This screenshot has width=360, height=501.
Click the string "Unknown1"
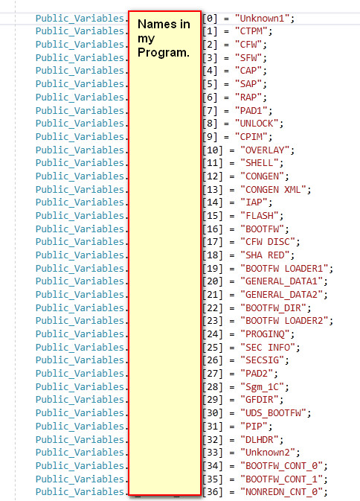(x=263, y=18)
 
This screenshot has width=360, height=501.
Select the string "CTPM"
(x=251, y=31)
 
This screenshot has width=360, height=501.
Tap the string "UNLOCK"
(x=257, y=124)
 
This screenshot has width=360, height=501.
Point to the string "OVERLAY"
(x=265, y=150)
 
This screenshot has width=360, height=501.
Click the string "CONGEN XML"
(x=273, y=190)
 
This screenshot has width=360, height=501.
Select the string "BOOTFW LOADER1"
(x=284, y=268)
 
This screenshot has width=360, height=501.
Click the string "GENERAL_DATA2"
(x=281, y=294)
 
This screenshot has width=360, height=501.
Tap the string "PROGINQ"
(x=265, y=334)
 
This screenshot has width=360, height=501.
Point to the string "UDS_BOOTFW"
(x=273, y=413)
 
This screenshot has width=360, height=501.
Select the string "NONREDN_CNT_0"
(x=281, y=491)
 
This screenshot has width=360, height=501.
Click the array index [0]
(x=210, y=18)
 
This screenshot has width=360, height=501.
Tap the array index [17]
(x=213, y=242)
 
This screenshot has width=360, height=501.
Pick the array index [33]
(x=213, y=452)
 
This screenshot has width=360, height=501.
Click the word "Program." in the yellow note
(x=164, y=52)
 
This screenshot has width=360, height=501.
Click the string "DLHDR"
(x=260, y=439)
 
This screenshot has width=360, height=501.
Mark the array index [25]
(x=213, y=347)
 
